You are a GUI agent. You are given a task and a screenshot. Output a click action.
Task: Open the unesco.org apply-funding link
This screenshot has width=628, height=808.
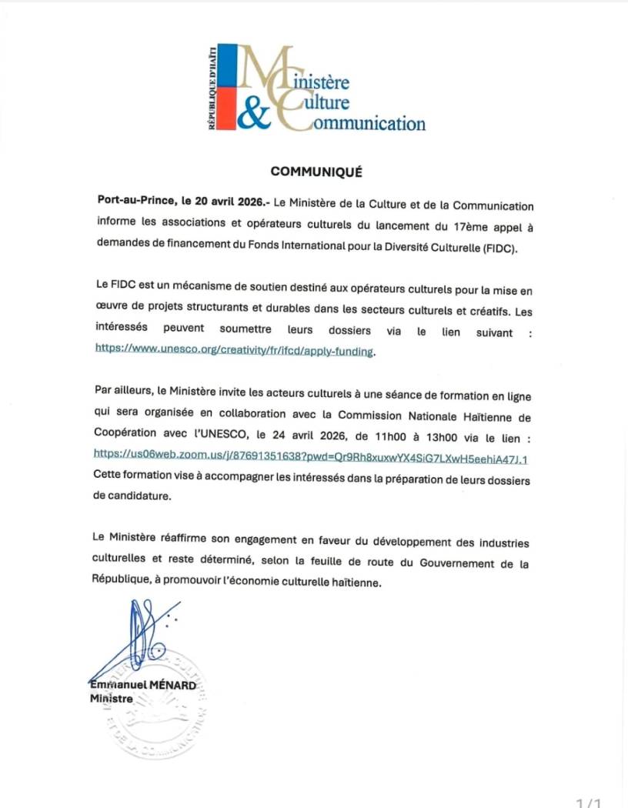tap(234, 349)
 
